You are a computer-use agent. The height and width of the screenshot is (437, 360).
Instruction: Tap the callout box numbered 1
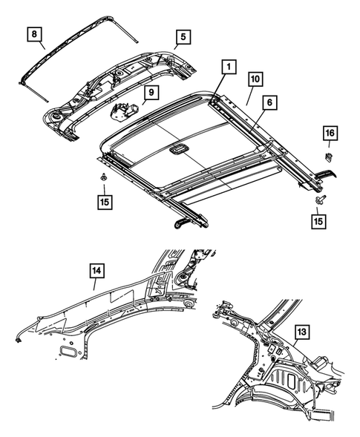[229, 68]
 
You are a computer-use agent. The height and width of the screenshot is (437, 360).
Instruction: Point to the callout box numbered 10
[254, 77]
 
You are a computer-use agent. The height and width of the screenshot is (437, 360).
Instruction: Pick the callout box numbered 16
[329, 134]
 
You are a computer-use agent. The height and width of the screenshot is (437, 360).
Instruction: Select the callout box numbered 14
[97, 272]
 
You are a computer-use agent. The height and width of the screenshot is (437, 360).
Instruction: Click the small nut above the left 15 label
[101, 178]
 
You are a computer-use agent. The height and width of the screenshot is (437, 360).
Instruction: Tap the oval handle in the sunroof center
[178, 150]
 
